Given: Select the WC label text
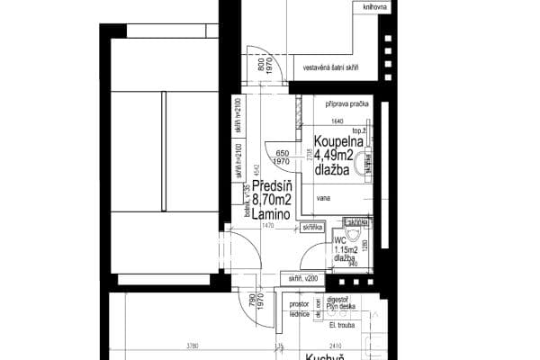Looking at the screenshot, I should pyautogui.click(x=340, y=240).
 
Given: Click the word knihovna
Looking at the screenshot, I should pyautogui.click(x=349, y=8).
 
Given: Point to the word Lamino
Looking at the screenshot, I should pyautogui.click(x=270, y=217).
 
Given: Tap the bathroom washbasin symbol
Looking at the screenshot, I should pyautogui.click(x=364, y=162).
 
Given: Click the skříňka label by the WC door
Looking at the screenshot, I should pyautogui.click(x=314, y=229).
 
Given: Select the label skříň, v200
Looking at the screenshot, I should pyautogui.click(x=302, y=279).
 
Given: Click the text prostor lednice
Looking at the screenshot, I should pyautogui.click(x=300, y=310).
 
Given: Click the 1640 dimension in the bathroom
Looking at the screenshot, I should pyautogui.click(x=337, y=121).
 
